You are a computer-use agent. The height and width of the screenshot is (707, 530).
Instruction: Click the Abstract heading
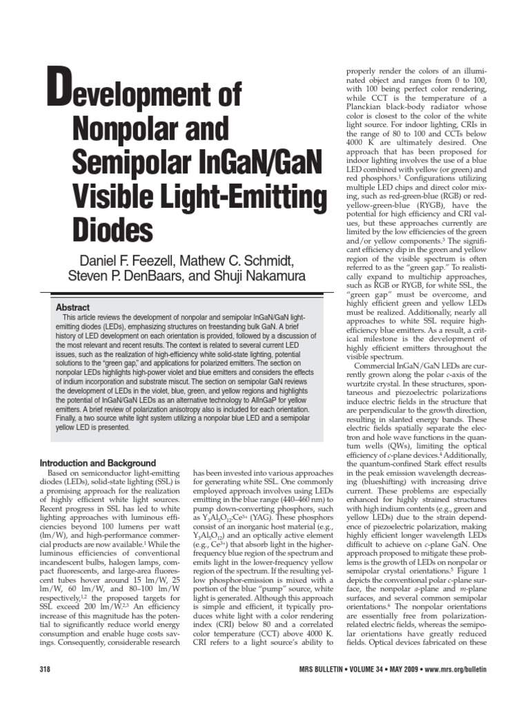74,307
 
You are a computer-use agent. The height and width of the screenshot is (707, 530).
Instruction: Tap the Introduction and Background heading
98,463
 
